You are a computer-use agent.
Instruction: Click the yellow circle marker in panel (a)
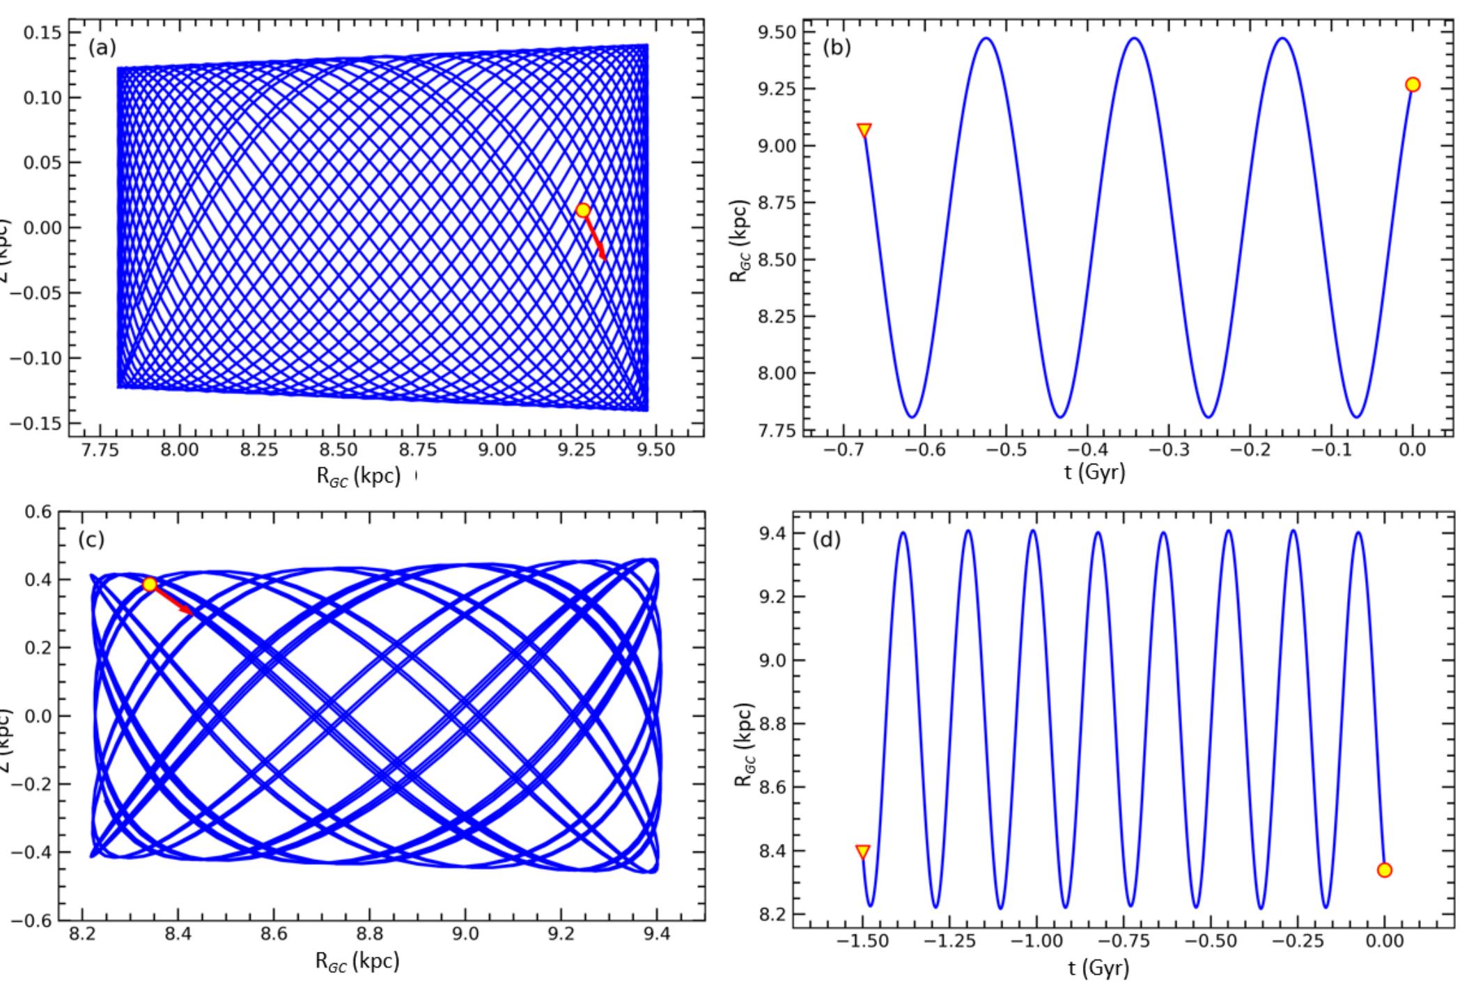583,210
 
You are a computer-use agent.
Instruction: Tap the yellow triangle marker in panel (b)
864,130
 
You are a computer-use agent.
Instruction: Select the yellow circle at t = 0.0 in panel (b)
1413,85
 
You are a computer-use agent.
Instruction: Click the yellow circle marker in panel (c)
150,584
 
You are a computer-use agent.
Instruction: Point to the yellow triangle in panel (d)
862,852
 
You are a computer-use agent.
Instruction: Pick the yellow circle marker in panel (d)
1384,870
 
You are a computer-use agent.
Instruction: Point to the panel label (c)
91,540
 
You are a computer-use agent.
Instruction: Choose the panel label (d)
827,540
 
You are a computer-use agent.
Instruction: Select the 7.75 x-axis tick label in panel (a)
100,450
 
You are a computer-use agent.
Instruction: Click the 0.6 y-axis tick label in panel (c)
38,512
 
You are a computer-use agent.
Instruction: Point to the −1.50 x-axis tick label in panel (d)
862,941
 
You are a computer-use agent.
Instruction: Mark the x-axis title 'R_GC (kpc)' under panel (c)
357,962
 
